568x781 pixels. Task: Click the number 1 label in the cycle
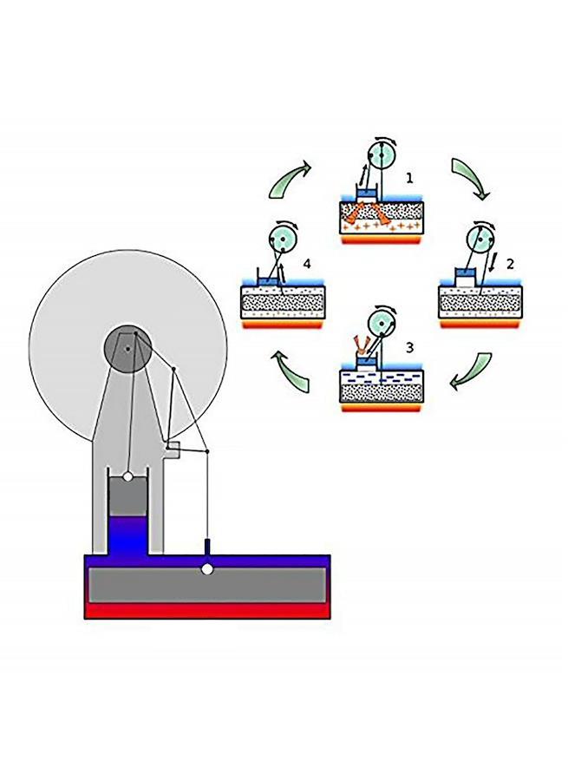pos(409,178)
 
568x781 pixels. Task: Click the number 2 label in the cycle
pos(510,264)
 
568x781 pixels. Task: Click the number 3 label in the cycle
pos(409,348)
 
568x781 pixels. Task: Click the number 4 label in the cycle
pos(307,264)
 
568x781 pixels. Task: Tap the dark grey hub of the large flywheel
pos(127,349)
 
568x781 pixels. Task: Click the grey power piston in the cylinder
pos(127,496)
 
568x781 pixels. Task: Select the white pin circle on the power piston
pos(128,476)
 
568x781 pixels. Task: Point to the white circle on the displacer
pos(207,568)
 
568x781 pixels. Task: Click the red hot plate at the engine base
pos(207,611)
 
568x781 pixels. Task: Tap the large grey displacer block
pos(207,585)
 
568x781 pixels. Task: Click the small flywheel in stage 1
pos(382,155)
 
